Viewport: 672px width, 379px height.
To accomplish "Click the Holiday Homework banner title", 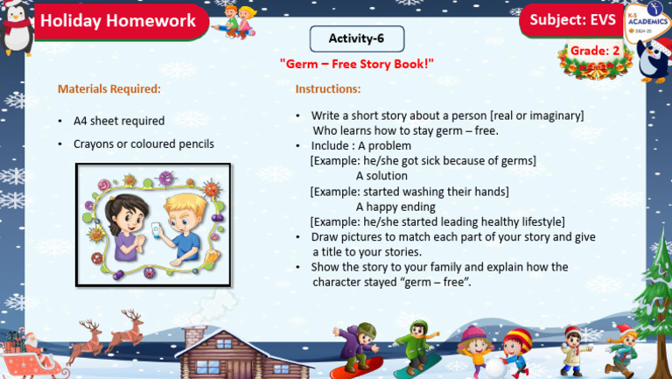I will pyautogui.click(x=118, y=21).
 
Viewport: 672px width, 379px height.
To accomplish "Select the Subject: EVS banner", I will pyautogui.click(x=572, y=20).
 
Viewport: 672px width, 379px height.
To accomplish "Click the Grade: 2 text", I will pyautogui.click(x=595, y=52).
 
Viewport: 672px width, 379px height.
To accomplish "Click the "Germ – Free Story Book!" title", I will pyautogui.click(x=356, y=65).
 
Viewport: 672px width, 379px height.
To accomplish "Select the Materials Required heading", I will pyautogui.click(x=108, y=89).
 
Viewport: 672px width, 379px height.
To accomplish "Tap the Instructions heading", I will pyautogui.click(x=327, y=89).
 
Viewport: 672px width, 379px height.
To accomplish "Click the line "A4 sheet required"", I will pyautogui.click(x=118, y=121).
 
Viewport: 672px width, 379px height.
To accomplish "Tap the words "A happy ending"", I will pyautogui.click(x=395, y=207).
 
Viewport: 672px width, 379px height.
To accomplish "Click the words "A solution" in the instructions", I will pyautogui.click(x=381, y=176).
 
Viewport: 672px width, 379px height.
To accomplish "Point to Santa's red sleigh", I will pyautogui.click(x=26, y=358).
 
